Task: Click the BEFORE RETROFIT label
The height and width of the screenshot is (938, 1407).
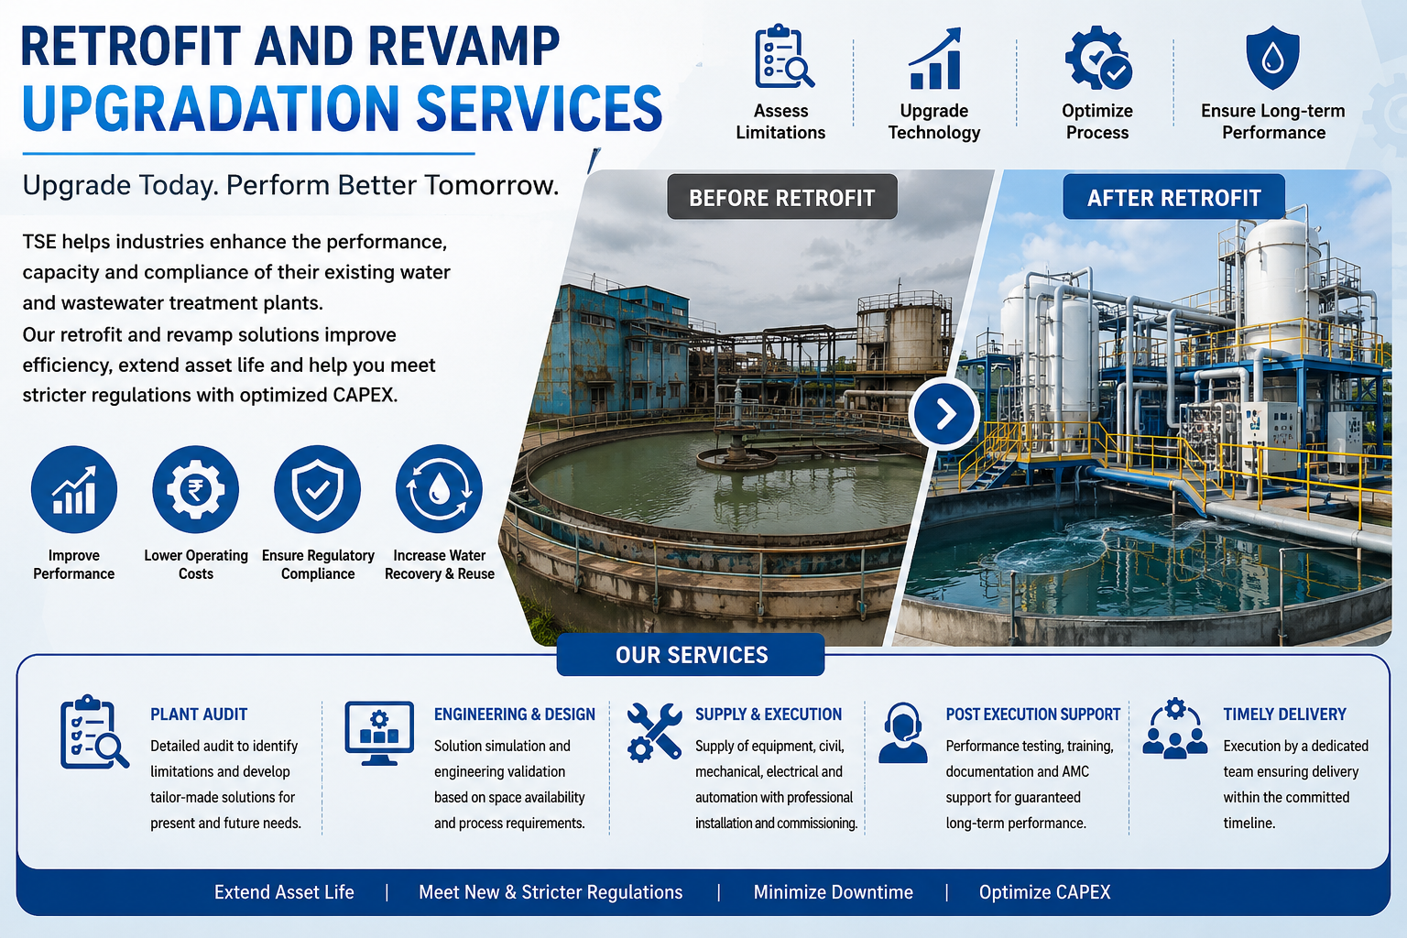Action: click(782, 197)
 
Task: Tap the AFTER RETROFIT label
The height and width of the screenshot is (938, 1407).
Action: click(1174, 197)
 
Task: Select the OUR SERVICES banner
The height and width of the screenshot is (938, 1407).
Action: click(691, 655)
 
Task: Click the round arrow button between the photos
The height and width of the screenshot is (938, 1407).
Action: click(943, 413)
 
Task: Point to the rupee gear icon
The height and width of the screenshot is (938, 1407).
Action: click(195, 489)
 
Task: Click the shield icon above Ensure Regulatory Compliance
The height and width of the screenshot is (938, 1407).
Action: click(317, 489)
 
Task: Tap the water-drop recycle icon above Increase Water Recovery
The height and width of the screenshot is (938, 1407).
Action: click(439, 489)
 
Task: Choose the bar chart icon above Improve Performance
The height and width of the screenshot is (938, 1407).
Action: click(74, 489)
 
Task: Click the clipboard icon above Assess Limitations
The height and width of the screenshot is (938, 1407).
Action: click(782, 57)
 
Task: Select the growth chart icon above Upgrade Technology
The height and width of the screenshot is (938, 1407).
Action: click(934, 58)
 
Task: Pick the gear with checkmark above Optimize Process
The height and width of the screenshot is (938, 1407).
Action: click(1098, 58)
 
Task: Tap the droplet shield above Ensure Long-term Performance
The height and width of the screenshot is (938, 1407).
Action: click(1272, 57)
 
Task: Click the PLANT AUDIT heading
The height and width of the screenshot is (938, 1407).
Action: click(199, 714)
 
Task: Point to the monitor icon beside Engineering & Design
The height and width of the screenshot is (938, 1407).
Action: click(379, 733)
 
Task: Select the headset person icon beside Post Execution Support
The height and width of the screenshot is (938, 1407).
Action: click(902, 733)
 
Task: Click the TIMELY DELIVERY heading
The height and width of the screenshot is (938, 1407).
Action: click(1284, 714)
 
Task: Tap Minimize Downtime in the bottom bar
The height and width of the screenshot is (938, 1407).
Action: click(833, 892)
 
